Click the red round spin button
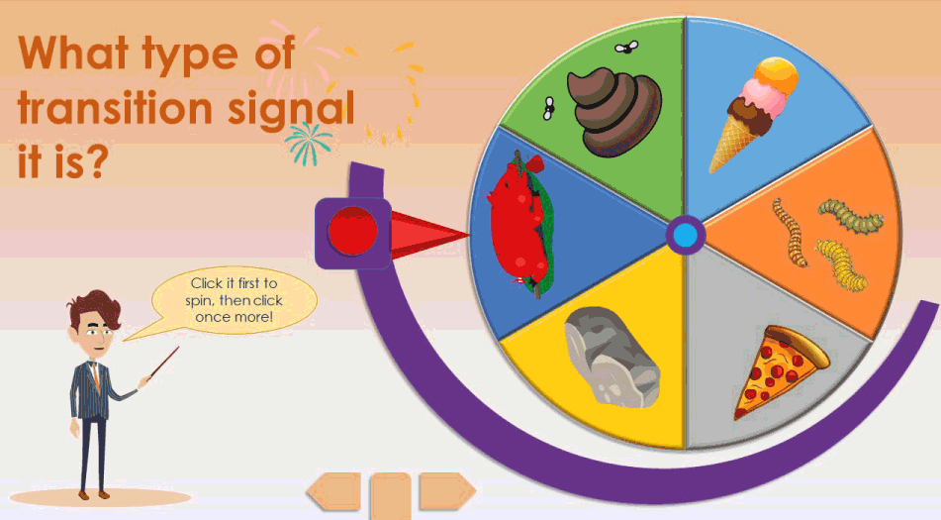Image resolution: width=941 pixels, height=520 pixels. coord(352,233)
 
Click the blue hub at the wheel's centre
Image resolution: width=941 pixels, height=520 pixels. coord(685,236)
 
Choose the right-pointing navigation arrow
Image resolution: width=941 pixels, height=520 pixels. coord(446,490)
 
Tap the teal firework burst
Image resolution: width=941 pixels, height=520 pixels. coord(308,143)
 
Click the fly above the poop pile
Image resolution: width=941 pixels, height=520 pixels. coord(624,46)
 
